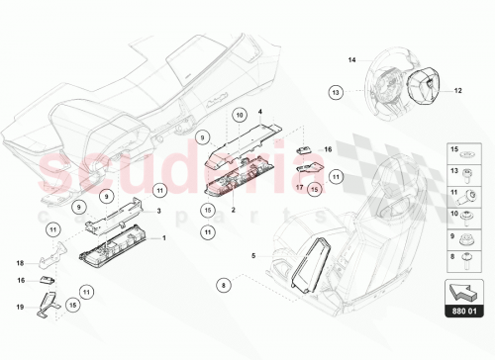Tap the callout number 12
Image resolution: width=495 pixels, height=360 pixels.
(458, 91)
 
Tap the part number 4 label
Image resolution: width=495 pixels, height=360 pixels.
(260, 113)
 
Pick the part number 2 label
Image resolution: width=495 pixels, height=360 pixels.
(233, 210)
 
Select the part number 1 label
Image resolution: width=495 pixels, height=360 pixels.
(164, 238)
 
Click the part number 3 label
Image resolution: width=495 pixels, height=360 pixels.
(157, 211)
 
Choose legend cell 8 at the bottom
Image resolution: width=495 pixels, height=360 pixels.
(464, 259)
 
